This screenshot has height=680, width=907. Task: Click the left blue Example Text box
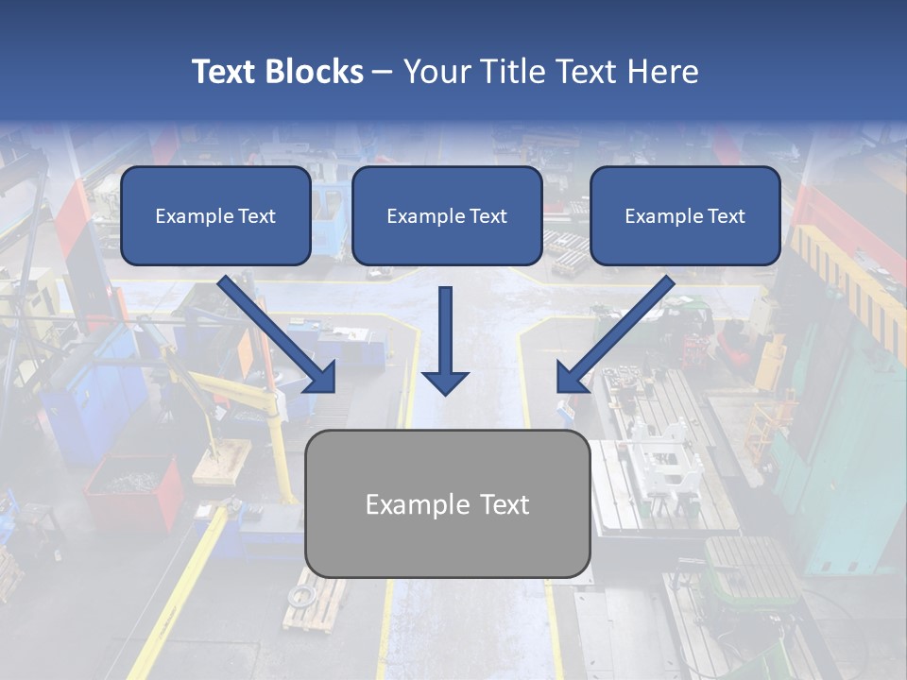(x=215, y=216)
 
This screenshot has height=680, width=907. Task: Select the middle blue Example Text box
(x=447, y=216)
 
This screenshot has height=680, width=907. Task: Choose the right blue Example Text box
(x=685, y=216)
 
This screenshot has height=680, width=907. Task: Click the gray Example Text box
(x=448, y=503)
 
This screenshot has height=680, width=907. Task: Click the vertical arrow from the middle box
(x=445, y=331)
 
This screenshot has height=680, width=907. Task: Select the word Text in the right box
(x=726, y=216)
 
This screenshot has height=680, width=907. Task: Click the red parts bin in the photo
(x=132, y=491)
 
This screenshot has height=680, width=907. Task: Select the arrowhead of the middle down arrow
(x=445, y=382)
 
